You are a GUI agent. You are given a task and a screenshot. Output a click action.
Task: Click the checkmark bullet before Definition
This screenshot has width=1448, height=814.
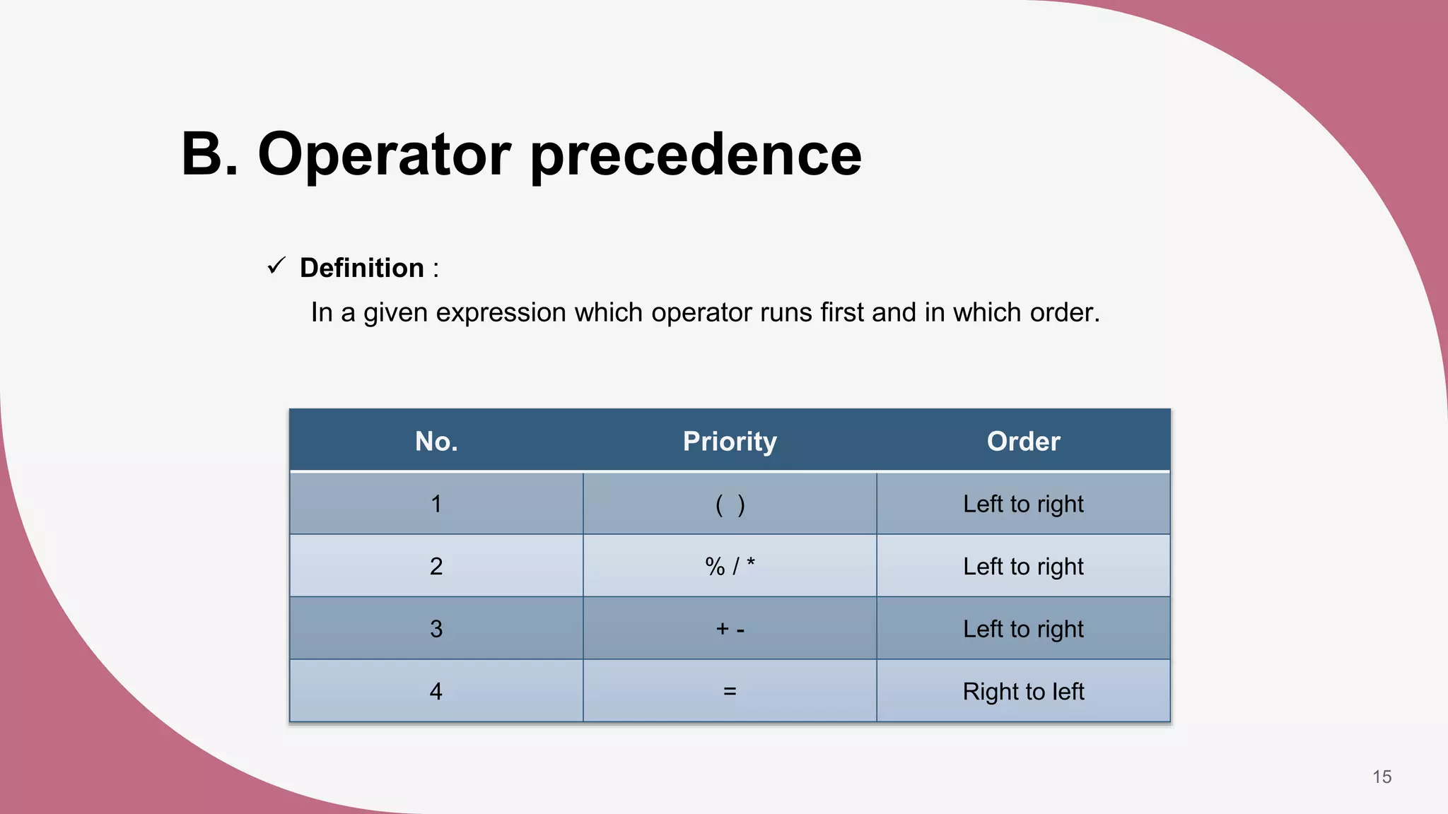[x=276, y=266]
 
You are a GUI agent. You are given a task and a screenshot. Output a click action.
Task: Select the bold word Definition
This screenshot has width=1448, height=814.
[x=361, y=268]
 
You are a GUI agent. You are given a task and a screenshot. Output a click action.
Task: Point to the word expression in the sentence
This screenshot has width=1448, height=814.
[x=501, y=312]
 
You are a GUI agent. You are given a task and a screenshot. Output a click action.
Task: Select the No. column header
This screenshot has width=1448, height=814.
[x=436, y=441]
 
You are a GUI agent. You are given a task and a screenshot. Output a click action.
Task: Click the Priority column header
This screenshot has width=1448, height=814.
[x=730, y=441]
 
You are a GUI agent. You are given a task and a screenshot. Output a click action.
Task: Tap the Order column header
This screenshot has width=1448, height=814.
[x=1023, y=441]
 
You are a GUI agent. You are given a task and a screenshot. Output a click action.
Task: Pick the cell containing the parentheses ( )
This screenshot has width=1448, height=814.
[x=730, y=504]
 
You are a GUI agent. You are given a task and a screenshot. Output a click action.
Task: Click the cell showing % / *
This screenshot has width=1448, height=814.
[x=730, y=566]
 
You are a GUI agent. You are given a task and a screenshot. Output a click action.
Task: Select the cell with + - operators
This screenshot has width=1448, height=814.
[x=730, y=628]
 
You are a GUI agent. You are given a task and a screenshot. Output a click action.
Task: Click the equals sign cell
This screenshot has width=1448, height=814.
[x=730, y=691]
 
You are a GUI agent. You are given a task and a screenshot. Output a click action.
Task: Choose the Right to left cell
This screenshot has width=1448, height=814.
[x=1023, y=691]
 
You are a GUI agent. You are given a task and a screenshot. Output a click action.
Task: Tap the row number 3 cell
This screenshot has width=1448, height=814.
[x=436, y=628]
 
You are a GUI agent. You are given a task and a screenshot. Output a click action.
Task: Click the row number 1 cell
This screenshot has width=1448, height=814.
[x=436, y=504]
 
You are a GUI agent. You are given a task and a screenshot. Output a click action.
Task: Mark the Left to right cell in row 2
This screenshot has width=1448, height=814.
[x=1023, y=566]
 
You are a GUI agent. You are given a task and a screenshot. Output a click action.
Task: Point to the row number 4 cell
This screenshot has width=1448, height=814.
[x=436, y=691]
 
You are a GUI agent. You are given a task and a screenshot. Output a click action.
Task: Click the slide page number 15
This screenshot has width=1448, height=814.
[x=1382, y=777]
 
